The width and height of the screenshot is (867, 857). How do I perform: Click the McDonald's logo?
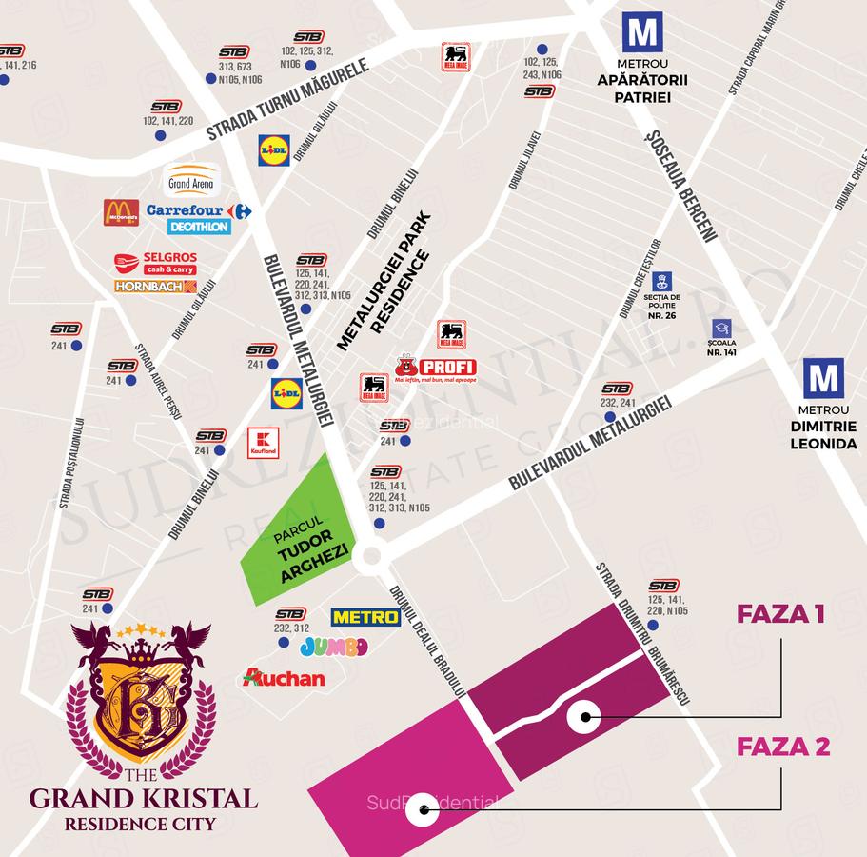coord(121,212)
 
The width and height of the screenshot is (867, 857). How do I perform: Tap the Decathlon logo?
coord(199,227)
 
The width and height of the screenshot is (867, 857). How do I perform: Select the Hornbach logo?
coord(155,286)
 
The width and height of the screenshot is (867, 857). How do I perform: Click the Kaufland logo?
coord(263,442)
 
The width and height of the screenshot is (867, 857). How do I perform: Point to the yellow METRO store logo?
coord(365,617)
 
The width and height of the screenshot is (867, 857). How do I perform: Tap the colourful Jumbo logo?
coord(333,648)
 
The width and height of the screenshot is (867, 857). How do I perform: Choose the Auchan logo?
coord(284,678)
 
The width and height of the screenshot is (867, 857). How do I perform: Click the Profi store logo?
coord(436,368)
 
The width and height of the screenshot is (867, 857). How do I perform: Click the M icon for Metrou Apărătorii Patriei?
coord(642,32)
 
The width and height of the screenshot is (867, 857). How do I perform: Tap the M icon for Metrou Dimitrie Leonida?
coord(822,378)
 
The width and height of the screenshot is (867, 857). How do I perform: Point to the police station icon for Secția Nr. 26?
coord(662,281)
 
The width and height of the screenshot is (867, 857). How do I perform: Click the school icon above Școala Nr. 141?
coord(721,328)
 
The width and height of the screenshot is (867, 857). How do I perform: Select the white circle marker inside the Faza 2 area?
coord(422,814)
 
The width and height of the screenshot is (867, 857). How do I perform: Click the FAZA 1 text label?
coord(779,614)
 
